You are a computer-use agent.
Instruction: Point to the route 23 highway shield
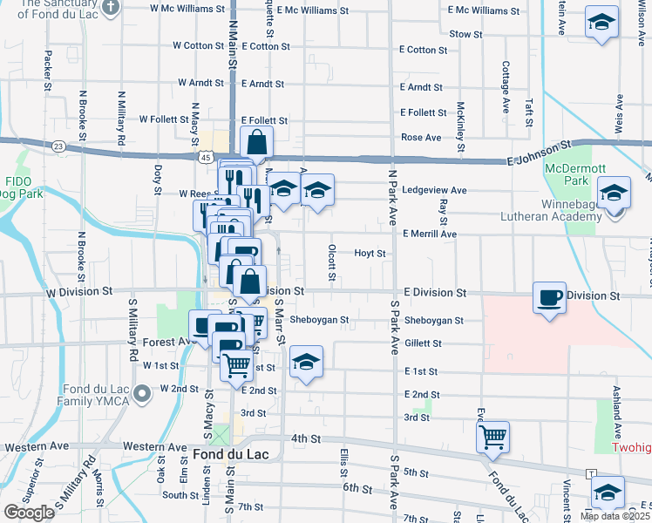tap(58, 146)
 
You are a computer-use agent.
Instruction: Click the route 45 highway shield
tap(205, 157)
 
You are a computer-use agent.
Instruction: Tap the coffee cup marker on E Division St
tap(549, 297)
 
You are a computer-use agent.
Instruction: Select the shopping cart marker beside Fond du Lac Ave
tap(493, 435)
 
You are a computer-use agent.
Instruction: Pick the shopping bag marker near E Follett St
tap(257, 141)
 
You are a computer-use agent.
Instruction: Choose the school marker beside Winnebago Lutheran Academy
tap(614, 192)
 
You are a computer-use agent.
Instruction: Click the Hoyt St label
tap(370, 253)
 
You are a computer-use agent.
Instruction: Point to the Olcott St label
tap(332, 262)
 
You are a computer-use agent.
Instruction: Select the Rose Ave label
tap(421, 138)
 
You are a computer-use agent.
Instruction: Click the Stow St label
tap(465, 34)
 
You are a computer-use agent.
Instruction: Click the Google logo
tap(29, 513)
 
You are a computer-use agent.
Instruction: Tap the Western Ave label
tap(36, 447)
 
